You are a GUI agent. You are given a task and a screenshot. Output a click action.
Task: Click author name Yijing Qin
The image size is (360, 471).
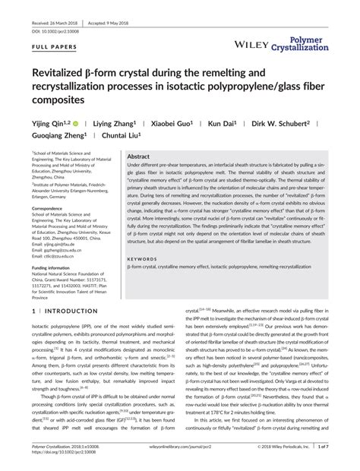tap(49, 122)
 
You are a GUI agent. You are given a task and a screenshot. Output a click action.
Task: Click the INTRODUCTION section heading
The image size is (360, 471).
tap(66, 311)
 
